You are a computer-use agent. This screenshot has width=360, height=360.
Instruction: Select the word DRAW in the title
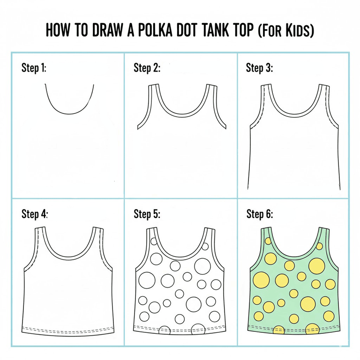(x=107, y=30)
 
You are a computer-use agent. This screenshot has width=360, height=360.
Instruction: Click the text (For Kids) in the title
(x=285, y=30)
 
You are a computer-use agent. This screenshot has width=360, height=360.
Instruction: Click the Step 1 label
(x=34, y=68)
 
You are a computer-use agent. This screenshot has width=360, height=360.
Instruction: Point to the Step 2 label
(x=147, y=68)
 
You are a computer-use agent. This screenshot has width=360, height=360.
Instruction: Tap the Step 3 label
(x=259, y=68)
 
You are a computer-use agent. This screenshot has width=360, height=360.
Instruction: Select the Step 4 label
(x=34, y=214)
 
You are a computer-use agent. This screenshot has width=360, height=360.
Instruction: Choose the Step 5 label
(x=147, y=214)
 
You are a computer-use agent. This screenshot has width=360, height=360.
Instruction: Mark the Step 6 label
(x=260, y=214)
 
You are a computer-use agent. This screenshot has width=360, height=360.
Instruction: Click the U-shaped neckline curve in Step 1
(x=69, y=113)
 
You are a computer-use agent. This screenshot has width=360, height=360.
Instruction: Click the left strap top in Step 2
(x=154, y=85)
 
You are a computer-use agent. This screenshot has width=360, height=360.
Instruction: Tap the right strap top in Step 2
(x=211, y=85)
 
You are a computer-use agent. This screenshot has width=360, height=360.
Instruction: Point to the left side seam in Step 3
(x=249, y=158)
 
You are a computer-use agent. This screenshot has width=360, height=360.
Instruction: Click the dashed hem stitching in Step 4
(x=67, y=329)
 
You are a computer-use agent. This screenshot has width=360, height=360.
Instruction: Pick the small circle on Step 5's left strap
(x=154, y=241)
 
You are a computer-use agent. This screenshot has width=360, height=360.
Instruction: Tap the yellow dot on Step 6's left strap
(x=268, y=241)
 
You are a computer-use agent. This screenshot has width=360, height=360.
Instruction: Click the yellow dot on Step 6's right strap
(x=319, y=247)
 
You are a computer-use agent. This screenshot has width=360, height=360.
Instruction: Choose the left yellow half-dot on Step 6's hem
(x=279, y=330)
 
